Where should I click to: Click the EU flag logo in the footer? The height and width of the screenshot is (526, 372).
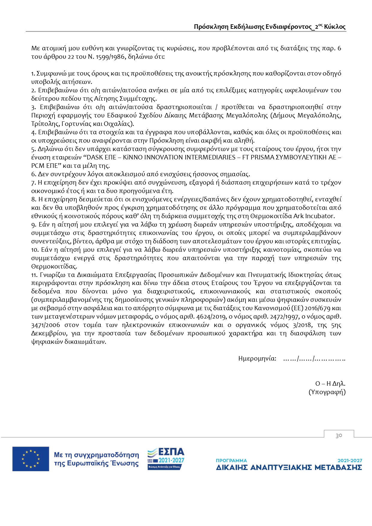(31, 459)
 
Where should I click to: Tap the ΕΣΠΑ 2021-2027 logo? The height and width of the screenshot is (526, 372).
(166, 459)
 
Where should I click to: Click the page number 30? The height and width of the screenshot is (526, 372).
(339, 435)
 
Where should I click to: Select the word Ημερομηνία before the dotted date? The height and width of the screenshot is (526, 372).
(257, 358)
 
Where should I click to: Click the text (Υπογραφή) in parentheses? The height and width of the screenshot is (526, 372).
(327, 392)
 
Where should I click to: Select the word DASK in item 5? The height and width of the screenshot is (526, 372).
(95, 157)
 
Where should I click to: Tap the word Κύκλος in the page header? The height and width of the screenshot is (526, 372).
(335, 27)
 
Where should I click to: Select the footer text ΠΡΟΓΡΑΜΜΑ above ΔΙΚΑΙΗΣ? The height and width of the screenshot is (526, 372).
(231, 460)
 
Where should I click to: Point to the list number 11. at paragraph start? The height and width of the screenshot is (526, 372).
(34, 275)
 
